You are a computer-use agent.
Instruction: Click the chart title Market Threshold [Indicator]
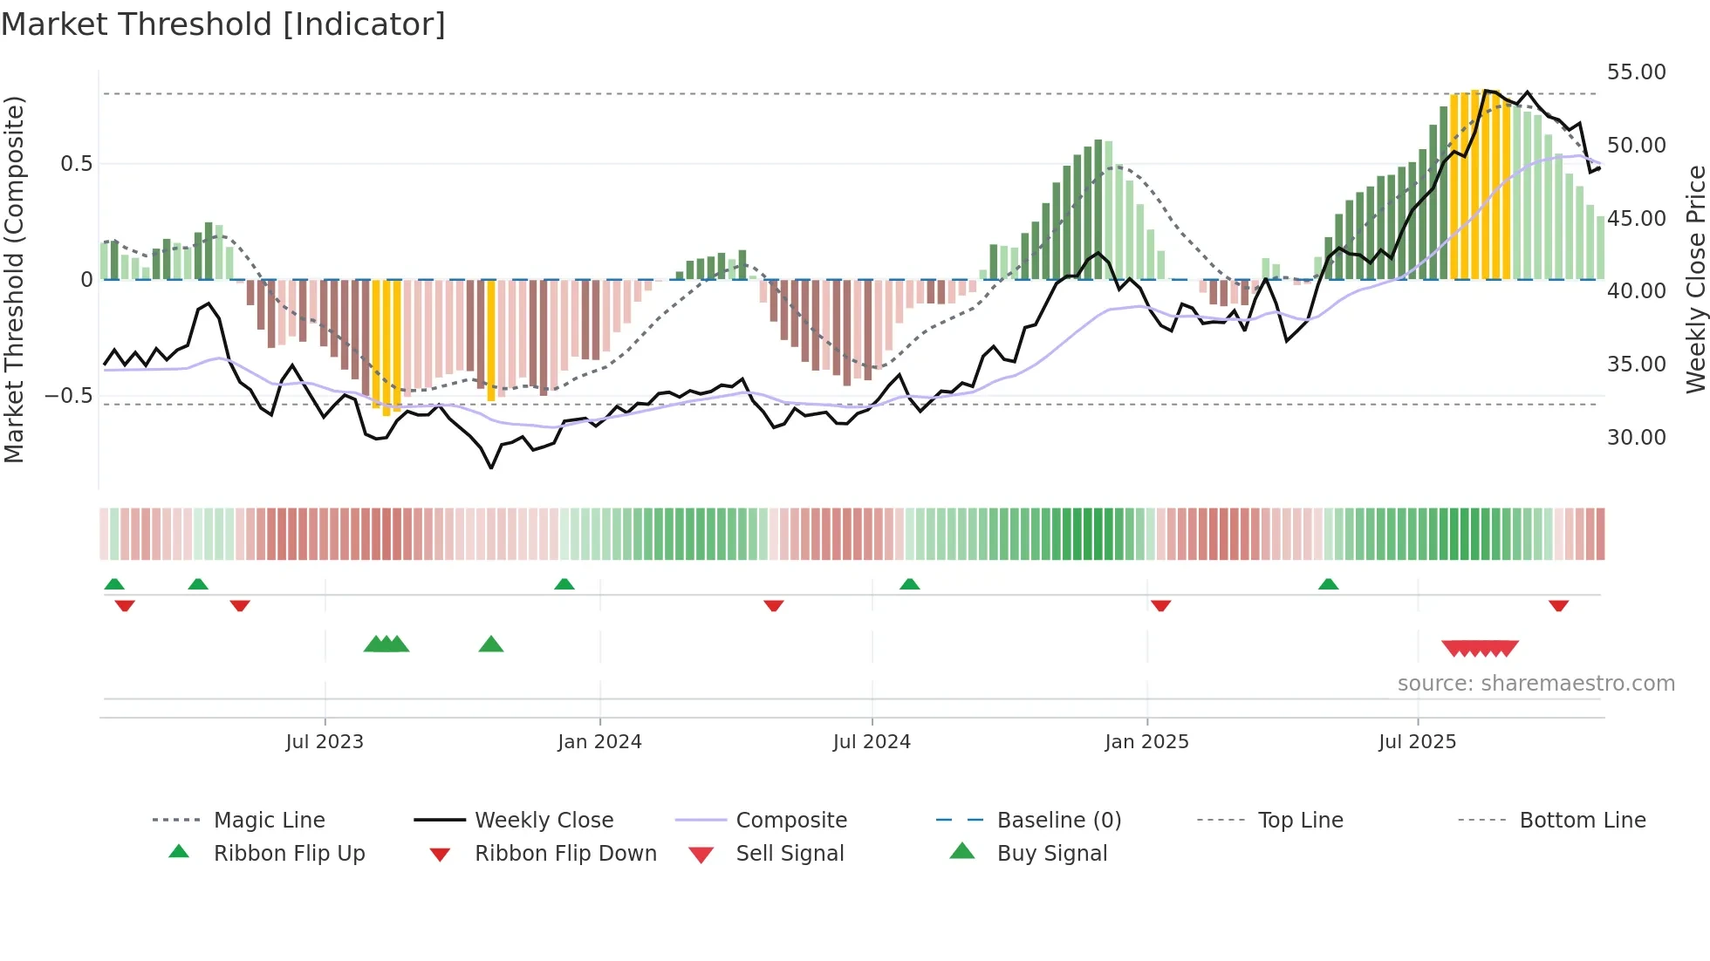[x=223, y=24]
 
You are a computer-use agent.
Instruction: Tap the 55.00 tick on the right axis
[x=1636, y=72]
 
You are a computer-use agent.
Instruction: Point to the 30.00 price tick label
[x=1636, y=437]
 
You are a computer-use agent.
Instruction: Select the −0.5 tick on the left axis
[x=68, y=396]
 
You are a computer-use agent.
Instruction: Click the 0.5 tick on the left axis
[x=76, y=164]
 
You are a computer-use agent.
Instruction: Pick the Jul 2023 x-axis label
[x=325, y=742]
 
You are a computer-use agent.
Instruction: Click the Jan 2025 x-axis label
[x=1146, y=742]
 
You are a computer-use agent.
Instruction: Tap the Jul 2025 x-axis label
[x=1417, y=742]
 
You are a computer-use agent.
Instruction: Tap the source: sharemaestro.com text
[x=1536, y=684]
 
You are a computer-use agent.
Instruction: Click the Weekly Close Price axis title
[x=1695, y=279]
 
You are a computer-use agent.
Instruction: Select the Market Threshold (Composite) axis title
[x=14, y=279]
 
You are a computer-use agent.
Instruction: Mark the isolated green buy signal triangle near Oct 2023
[x=491, y=644]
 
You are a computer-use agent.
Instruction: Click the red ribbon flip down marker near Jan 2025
[x=1160, y=605]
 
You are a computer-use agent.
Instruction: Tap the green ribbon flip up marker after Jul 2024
[x=909, y=584]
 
